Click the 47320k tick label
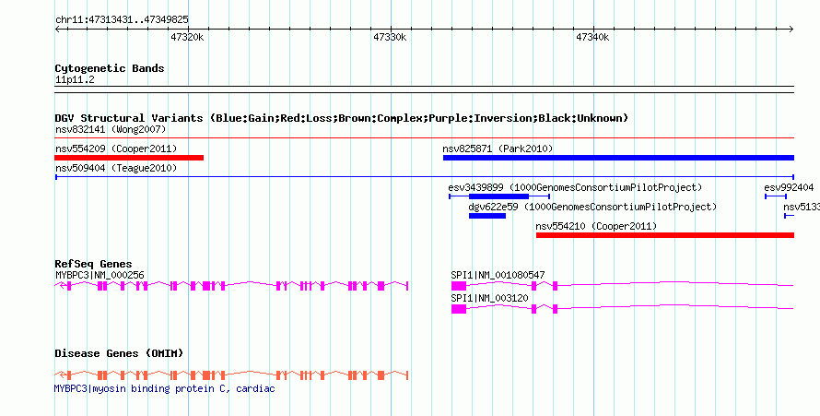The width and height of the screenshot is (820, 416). click(x=187, y=38)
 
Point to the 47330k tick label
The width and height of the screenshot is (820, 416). click(x=390, y=38)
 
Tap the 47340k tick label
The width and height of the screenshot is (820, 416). click(x=592, y=38)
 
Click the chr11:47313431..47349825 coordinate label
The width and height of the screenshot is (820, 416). click(x=122, y=20)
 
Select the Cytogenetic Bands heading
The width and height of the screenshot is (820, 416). click(x=110, y=68)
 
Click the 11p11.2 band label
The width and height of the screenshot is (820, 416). click(x=75, y=80)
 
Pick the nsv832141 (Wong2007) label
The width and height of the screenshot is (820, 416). click(x=111, y=129)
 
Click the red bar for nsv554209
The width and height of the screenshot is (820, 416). click(x=129, y=158)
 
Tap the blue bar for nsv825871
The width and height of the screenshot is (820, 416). click(x=618, y=158)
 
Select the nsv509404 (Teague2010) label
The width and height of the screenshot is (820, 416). click(x=116, y=168)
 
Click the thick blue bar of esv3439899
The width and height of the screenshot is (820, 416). click(x=498, y=196)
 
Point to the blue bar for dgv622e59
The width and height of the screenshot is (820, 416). click(x=487, y=216)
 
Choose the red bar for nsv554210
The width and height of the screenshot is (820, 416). click(x=665, y=235)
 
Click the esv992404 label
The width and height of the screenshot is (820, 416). click(x=789, y=187)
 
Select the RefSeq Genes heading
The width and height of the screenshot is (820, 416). click(x=93, y=264)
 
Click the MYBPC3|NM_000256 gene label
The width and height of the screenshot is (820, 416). click(x=100, y=275)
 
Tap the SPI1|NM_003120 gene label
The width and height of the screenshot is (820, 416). click(x=489, y=298)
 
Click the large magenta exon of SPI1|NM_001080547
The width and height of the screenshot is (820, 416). click(x=459, y=286)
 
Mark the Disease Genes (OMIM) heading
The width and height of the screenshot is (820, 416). click(x=119, y=353)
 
